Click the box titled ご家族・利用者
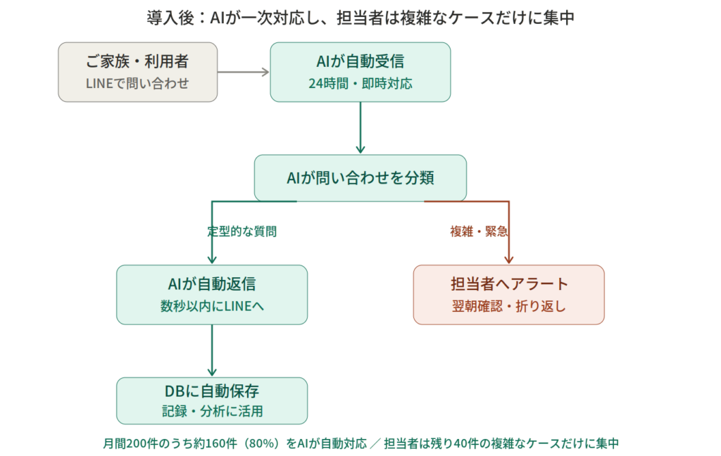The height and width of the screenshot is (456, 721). [137, 72]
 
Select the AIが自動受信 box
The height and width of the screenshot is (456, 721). [360, 72]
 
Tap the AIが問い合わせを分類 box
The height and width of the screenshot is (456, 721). [360, 178]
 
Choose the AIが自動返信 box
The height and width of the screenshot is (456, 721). [211, 294]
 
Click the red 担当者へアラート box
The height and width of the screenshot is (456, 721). [508, 294]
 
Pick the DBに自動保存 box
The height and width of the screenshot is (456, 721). [211, 400]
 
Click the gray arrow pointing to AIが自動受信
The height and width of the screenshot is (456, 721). [244, 72]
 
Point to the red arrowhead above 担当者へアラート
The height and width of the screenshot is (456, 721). [508, 259]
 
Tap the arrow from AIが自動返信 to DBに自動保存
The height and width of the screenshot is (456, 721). [211, 350]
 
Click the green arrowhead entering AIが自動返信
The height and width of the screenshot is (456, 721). [211, 259]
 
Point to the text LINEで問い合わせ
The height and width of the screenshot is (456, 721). [137, 83]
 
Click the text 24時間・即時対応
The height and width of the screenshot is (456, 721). [360, 83]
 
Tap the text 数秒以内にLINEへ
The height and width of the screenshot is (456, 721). [211, 306]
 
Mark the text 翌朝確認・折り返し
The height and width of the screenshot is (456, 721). [508, 306]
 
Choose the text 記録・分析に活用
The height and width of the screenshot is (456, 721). [211, 411]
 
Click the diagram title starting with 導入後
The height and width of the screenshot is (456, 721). [360, 18]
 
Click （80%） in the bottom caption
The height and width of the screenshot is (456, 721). [265, 443]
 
